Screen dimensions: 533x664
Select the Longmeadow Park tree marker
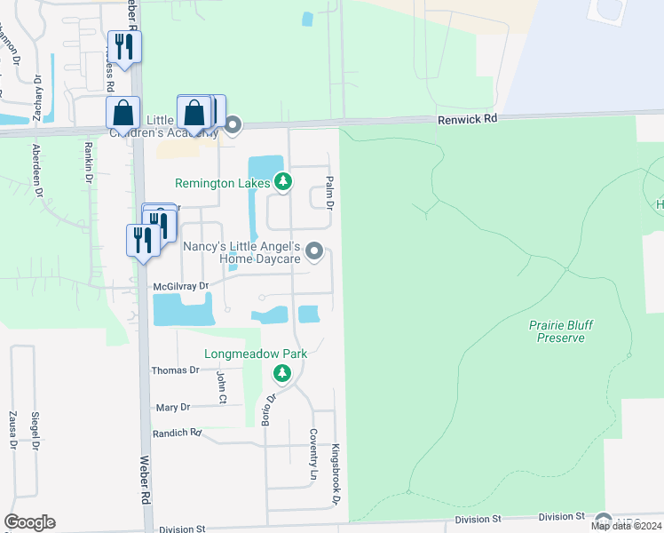(x=282, y=373)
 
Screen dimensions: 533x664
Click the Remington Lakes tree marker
(x=282, y=182)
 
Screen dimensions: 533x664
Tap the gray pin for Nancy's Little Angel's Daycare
(x=313, y=253)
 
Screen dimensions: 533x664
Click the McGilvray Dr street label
(x=180, y=285)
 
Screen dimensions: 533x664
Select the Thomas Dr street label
(x=175, y=370)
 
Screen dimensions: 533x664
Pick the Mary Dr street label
(x=172, y=407)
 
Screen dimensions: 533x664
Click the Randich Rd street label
(x=178, y=433)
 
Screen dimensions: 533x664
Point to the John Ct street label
(x=222, y=386)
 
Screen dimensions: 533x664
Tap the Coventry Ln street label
(x=312, y=455)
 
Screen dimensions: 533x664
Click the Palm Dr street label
(x=328, y=192)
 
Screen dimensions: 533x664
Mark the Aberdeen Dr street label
(x=37, y=169)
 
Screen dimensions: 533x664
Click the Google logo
(x=29, y=522)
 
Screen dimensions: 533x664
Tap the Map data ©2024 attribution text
(x=627, y=526)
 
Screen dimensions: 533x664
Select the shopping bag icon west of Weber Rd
(x=123, y=113)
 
